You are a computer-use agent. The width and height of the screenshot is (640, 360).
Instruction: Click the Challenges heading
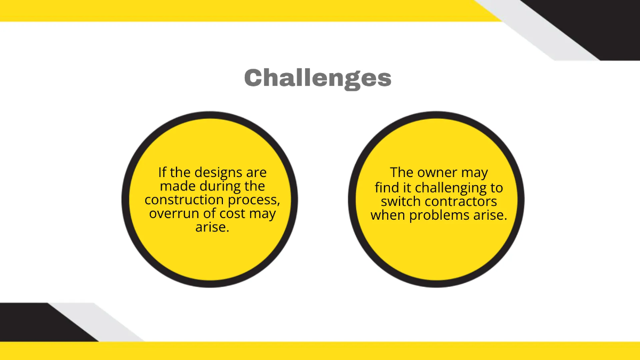pyautogui.click(x=318, y=78)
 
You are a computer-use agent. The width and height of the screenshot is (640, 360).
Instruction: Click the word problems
pyautogui.click(x=444, y=215)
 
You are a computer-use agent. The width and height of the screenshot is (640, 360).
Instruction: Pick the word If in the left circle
pyautogui.click(x=163, y=173)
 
